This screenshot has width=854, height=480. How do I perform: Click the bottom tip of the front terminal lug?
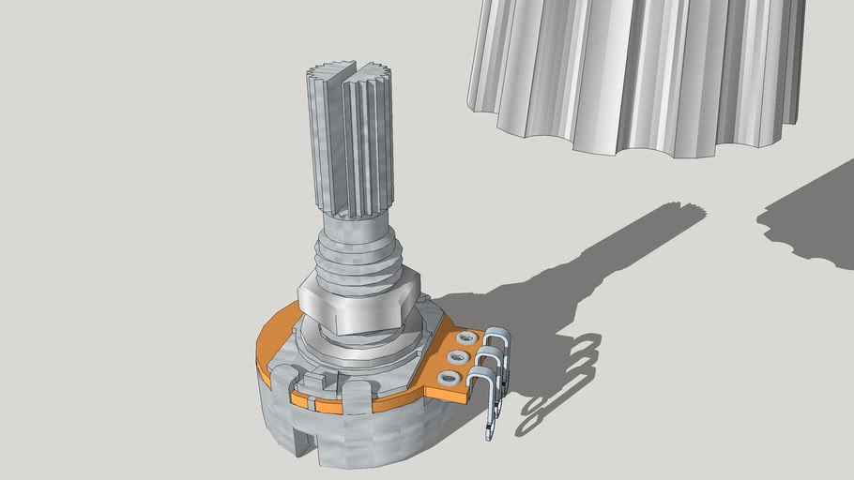(x=488, y=433)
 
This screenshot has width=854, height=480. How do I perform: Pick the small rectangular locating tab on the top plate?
(x=324, y=379)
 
